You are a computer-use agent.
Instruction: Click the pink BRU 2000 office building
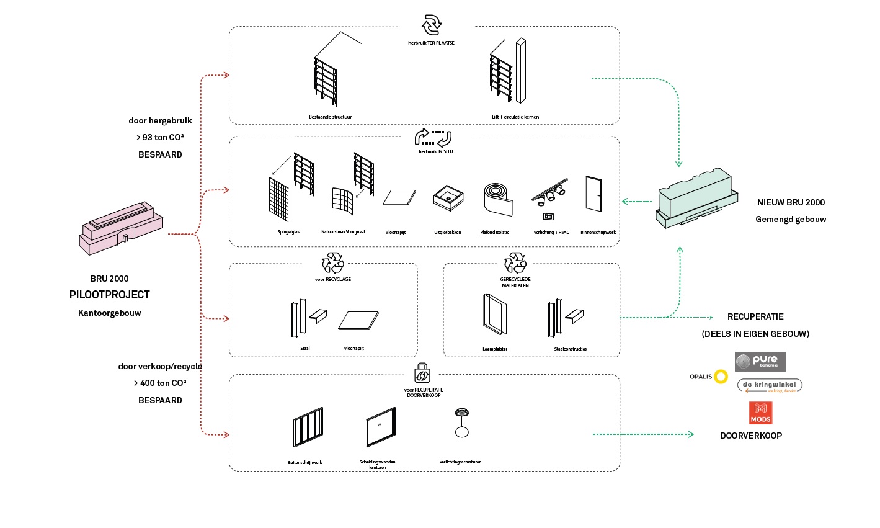(121, 228)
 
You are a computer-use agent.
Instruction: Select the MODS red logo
(760, 413)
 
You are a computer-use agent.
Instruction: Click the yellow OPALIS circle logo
(720, 377)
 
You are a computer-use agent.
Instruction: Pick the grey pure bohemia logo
(760, 361)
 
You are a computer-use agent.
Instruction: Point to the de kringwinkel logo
(770, 386)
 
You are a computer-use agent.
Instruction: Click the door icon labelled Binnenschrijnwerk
(593, 195)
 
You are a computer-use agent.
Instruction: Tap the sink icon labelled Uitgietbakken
(448, 198)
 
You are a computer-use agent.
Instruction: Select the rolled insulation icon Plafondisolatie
(497, 199)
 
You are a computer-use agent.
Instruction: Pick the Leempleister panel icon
(494, 315)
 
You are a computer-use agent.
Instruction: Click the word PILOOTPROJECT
(110, 295)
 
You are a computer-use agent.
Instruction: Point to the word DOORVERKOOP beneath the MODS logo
(750, 436)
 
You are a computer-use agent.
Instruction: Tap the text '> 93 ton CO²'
(160, 137)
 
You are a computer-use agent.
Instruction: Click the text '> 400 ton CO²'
(160, 383)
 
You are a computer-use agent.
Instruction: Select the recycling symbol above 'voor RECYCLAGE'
(332, 263)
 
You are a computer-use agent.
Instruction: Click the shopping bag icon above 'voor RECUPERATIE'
(422, 374)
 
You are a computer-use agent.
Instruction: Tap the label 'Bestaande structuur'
(330, 117)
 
